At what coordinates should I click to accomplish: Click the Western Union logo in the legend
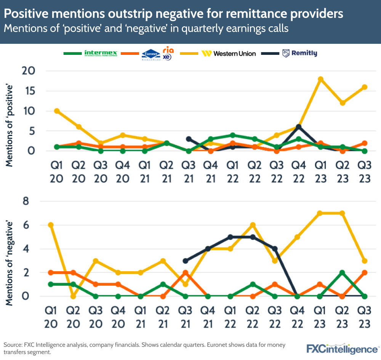click(x=229, y=53)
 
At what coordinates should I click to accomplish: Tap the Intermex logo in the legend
click(x=101, y=53)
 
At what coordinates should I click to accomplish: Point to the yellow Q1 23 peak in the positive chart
click(x=321, y=79)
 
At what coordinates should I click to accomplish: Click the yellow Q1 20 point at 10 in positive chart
click(x=57, y=111)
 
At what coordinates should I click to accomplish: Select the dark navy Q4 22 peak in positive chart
click(x=299, y=127)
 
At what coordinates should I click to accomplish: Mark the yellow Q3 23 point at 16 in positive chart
click(x=364, y=87)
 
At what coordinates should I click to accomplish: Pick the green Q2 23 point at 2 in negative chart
click(x=342, y=272)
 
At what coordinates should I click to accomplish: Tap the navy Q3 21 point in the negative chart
click(x=186, y=261)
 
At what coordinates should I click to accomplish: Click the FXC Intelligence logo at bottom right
click(x=342, y=348)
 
